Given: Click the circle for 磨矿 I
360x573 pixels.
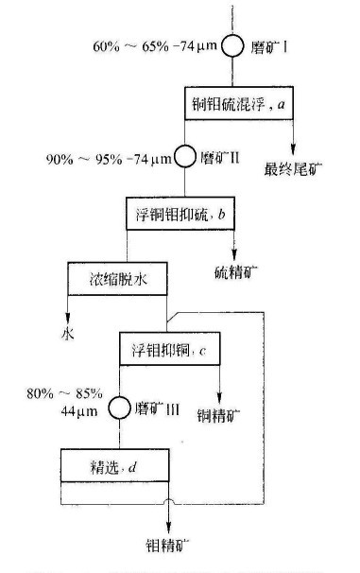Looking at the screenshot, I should coord(232,45).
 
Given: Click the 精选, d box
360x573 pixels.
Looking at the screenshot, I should coord(112,464).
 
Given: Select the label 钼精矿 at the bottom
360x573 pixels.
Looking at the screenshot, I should coord(169,546).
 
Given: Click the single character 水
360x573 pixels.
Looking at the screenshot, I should coord(66,332).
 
